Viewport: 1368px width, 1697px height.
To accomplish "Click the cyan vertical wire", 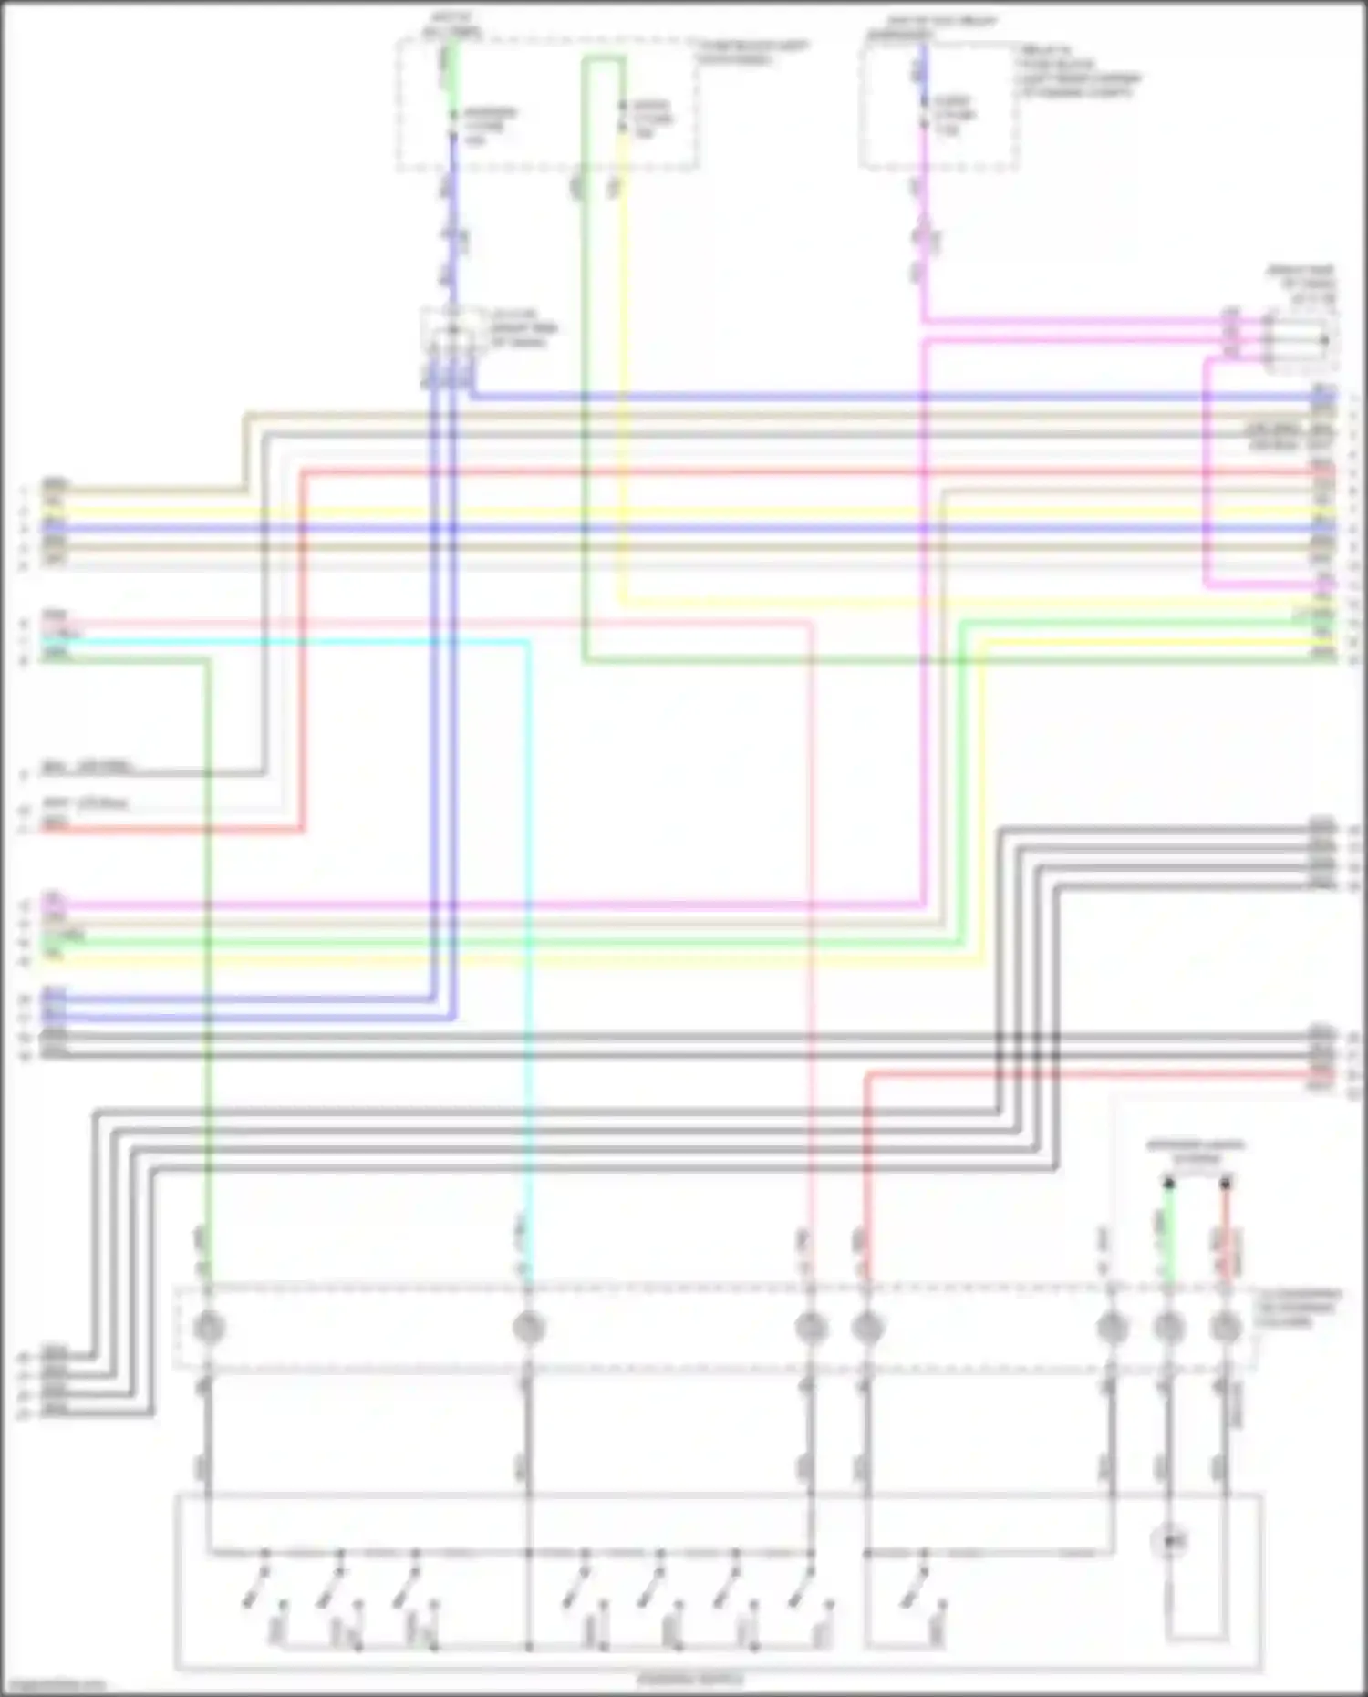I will click(526, 912).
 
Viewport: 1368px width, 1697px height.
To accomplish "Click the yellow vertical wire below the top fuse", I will click(623, 365).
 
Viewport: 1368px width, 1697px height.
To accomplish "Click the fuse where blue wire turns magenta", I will click(923, 116).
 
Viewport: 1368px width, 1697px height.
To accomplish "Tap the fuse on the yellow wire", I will click(623, 117).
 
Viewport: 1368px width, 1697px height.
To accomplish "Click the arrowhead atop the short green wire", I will click(1168, 1184).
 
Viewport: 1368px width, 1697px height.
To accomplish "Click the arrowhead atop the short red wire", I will click(1225, 1184).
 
